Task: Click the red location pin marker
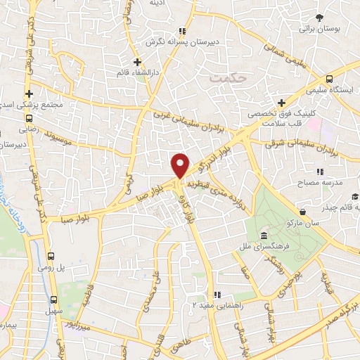[181, 165]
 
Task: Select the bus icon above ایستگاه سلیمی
[330, 79]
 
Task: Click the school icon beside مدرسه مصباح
[320, 172]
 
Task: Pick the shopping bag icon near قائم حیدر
[302, 212]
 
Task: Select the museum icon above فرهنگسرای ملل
[263, 235]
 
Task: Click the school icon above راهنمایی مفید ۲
[218, 294]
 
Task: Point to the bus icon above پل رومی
[51, 256]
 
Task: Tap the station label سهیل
[51, 310]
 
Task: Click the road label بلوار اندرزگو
[215, 160]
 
